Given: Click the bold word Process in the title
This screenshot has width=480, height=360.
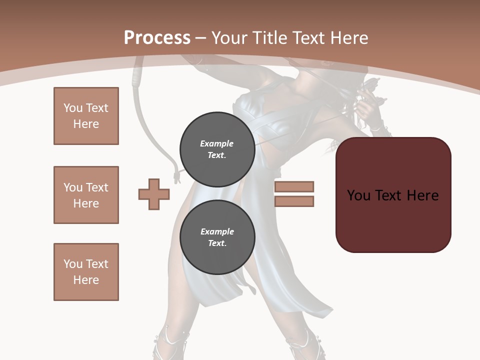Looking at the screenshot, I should (157, 37).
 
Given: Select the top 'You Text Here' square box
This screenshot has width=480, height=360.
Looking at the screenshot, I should (86, 116).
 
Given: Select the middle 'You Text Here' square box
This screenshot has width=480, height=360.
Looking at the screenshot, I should (86, 195).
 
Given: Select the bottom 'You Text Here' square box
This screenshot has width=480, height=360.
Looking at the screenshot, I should (86, 272).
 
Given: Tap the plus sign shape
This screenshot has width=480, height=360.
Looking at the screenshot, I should (154, 194).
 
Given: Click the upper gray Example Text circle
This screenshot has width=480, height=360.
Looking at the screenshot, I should (217, 149).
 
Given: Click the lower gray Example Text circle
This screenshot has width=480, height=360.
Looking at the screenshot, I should (217, 237).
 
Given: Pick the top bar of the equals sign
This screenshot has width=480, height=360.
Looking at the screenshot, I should (294, 186).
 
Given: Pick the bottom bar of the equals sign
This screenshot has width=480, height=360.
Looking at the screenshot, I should (294, 201).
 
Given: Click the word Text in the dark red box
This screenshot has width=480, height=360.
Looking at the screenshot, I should (390, 195).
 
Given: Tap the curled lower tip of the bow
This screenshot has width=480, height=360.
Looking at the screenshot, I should (175, 176).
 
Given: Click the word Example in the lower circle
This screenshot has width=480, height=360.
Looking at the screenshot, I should (217, 231).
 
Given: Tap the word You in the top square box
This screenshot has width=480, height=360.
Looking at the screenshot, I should (72, 108).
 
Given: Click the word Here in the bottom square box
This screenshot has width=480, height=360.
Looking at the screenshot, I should (86, 280).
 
